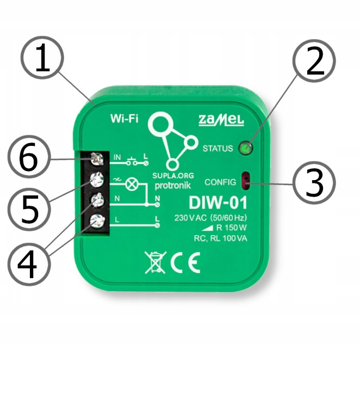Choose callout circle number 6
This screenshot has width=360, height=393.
tap(30, 158)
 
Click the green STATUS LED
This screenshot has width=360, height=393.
tap(246, 147)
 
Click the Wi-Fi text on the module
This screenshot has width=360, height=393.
tap(124, 118)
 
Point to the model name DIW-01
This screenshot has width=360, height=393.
tap(218, 204)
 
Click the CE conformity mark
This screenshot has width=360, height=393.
tap(185, 263)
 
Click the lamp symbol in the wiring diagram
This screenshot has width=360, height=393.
tap(131, 184)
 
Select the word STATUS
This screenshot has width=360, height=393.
tap(217, 148)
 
